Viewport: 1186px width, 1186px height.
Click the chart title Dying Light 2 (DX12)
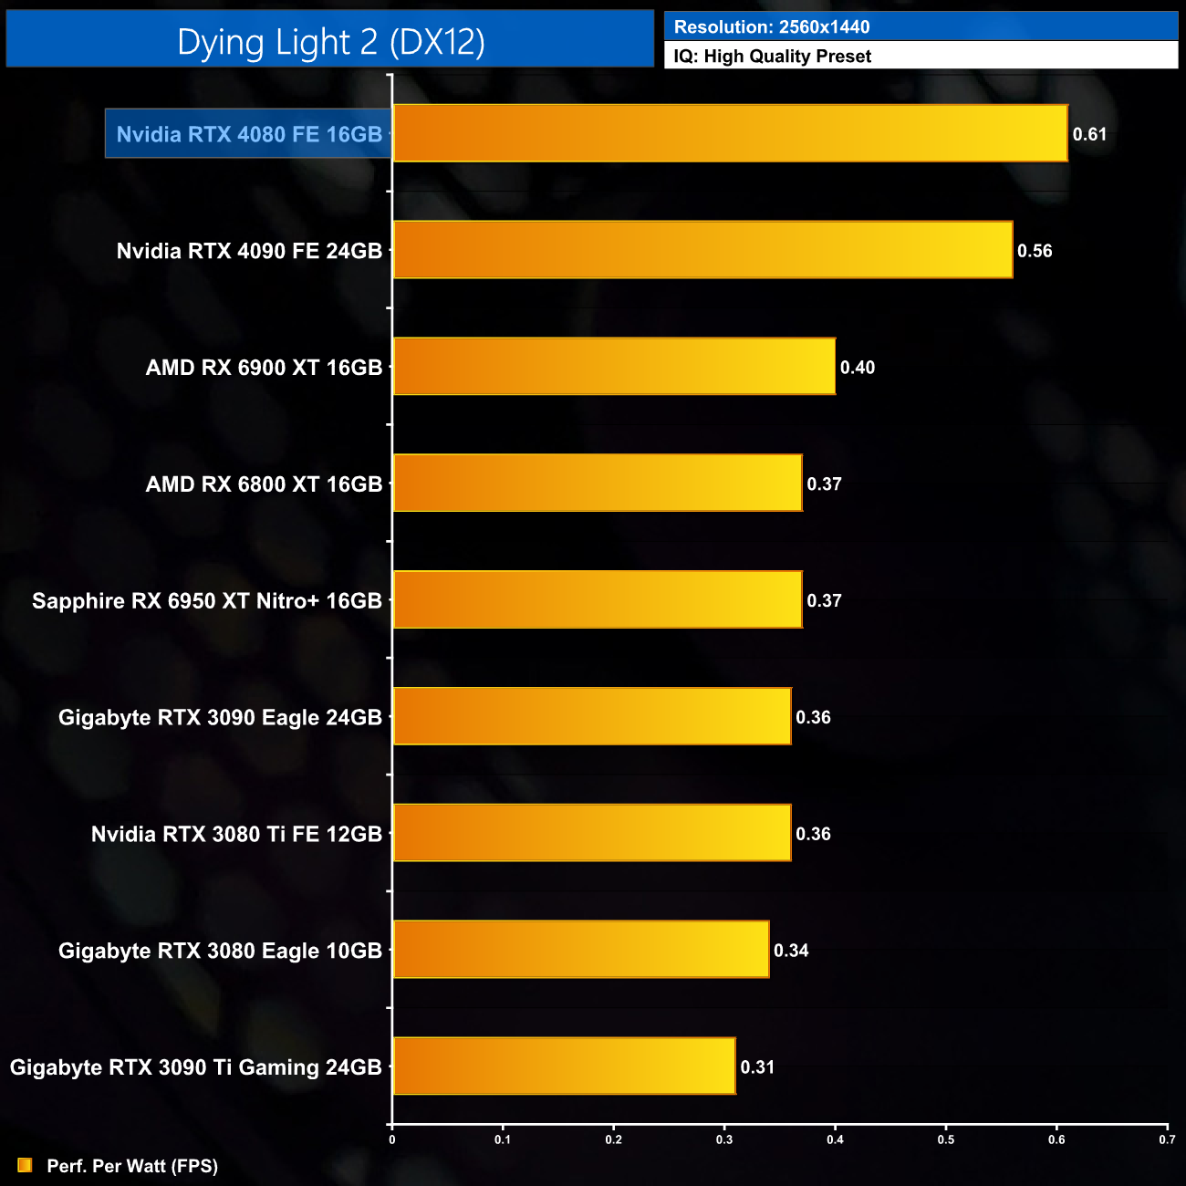[330, 42]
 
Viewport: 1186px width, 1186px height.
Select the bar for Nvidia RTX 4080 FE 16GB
[730, 133]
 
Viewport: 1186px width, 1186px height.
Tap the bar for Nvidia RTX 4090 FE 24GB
[702, 250]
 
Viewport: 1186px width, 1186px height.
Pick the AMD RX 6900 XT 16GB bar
[614, 367]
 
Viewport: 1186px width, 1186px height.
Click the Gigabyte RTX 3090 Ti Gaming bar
[564, 1066]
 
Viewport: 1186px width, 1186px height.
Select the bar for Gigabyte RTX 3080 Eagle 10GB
[580, 950]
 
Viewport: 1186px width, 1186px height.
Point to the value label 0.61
[1089, 134]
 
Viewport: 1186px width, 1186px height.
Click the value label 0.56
[1035, 251]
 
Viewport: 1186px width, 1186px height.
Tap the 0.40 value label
[857, 368]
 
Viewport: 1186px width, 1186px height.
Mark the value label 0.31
[757, 1067]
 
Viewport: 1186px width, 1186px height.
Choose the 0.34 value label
[791, 951]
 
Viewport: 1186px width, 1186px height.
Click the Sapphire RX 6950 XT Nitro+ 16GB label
[207, 601]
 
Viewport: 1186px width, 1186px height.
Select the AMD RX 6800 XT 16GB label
[264, 484]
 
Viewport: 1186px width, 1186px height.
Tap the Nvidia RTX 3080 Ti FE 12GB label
[236, 834]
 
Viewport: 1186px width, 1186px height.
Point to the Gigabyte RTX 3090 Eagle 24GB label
[220, 718]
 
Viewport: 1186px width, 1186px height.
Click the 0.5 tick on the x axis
[946, 1139]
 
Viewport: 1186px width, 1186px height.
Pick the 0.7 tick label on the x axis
[1167, 1139]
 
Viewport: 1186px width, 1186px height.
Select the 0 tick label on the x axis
[392, 1139]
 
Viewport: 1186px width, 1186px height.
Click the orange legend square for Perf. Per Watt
[25, 1165]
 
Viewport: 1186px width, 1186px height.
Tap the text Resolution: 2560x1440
[772, 27]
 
